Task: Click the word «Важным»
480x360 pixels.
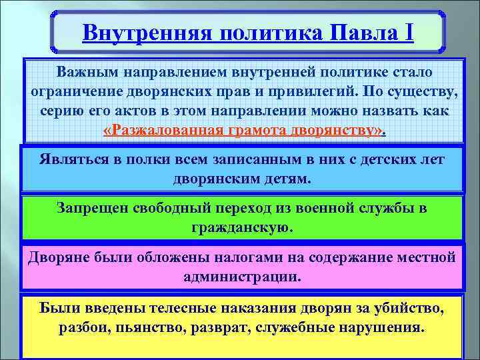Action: (85, 71)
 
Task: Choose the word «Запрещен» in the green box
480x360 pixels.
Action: (90, 209)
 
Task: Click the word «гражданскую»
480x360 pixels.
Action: (242, 227)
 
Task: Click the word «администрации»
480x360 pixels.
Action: (242, 276)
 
